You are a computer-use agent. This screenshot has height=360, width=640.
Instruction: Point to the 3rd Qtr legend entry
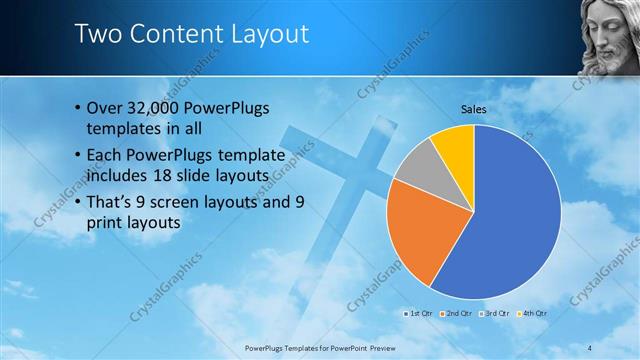[x=497, y=314]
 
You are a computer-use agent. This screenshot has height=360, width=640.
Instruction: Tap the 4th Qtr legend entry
[x=535, y=314]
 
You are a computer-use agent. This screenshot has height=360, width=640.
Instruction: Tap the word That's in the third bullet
[x=111, y=202]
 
